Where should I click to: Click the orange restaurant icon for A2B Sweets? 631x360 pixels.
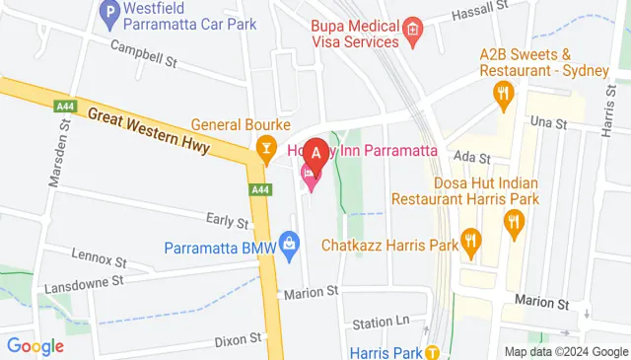coord(504,95)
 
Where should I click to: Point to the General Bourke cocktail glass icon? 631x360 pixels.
coord(265,149)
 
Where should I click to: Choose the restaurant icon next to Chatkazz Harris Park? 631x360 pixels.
coord(470,240)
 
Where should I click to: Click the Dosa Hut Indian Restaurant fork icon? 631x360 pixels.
coord(513,224)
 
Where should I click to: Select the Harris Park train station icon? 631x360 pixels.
coord(432,352)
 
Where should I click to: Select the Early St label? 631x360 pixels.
coord(226,221)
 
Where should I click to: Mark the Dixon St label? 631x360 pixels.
coord(238,338)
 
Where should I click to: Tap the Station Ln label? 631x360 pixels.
coord(381,323)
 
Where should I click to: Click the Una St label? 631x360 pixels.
coord(547,123)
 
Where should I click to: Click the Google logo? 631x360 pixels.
coord(35,345)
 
